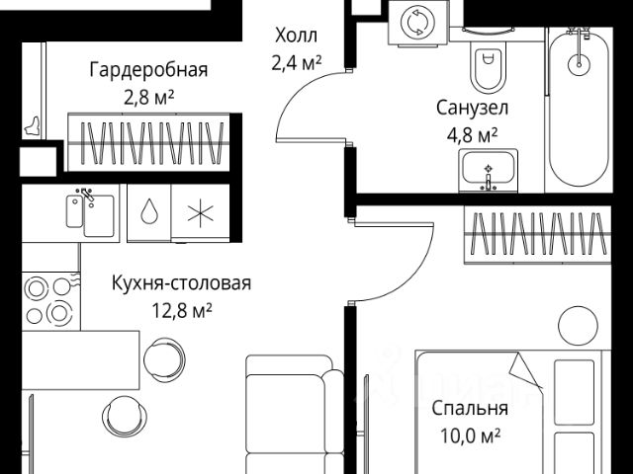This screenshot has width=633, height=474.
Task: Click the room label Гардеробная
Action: click(x=148, y=70)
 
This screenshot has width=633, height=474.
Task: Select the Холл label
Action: click(x=296, y=38)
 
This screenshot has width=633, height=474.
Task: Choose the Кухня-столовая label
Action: click(x=180, y=284)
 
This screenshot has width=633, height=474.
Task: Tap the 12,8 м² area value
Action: click(x=180, y=310)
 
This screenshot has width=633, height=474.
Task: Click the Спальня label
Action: click(x=470, y=408)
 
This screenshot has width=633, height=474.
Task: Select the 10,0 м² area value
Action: click(x=470, y=434)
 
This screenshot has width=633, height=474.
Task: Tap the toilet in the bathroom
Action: click(x=487, y=68)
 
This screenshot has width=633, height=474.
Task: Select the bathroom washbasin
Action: click(x=488, y=171)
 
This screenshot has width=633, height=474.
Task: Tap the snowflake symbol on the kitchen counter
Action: click(x=198, y=213)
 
